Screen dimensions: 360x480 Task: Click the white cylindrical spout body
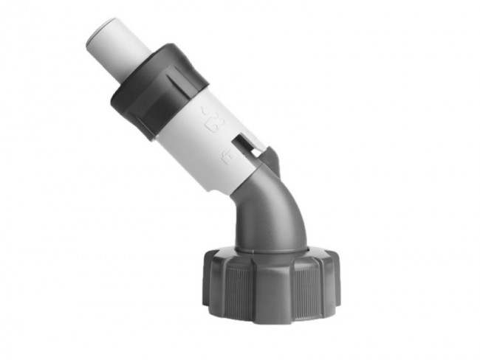coord(199,140)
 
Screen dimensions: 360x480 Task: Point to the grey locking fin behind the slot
coord(270,159)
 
